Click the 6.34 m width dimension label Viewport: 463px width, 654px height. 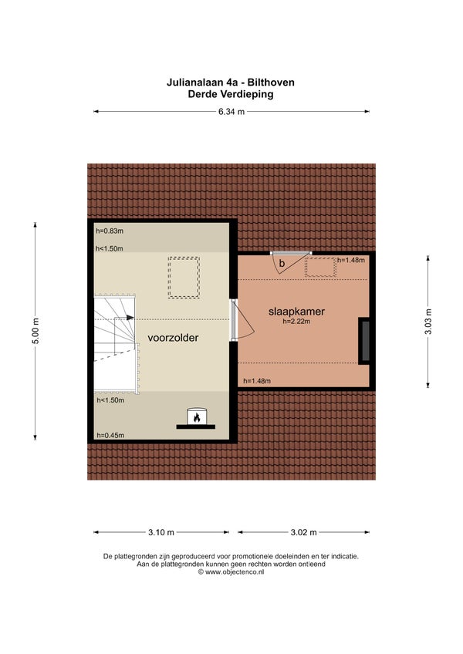click(231, 112)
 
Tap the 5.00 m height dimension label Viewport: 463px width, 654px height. click(35, 331)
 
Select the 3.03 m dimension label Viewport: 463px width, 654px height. click(428, 322)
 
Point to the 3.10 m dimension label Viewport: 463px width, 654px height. click(161, 532)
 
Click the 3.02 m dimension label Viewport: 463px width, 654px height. click(303, 532)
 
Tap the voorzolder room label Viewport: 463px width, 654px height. click(173, 338)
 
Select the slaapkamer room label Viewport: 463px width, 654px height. click(296, 312)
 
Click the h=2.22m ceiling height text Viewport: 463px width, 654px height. click(296, 322)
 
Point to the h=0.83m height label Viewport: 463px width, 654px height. click(110, 231)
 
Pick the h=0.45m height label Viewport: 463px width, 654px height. click(110, 436)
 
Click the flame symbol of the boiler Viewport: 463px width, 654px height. click(197, 417)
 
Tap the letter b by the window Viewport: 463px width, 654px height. click(282, 264)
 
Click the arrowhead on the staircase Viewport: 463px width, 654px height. click(130, 318)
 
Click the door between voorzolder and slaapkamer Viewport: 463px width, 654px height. click(235, 319)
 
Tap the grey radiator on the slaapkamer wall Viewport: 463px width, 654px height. click(365, 340)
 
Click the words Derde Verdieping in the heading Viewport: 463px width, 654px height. click(231, 94)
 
